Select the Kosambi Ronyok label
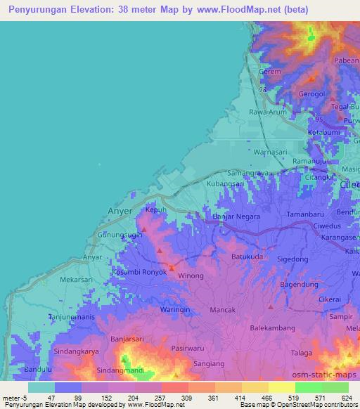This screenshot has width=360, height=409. [139, 271]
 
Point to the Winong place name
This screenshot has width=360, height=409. [190, 275]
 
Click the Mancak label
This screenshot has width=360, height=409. [223, 309]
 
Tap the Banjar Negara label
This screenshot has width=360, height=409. [236, 216]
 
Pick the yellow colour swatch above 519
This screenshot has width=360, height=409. [281, 387]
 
